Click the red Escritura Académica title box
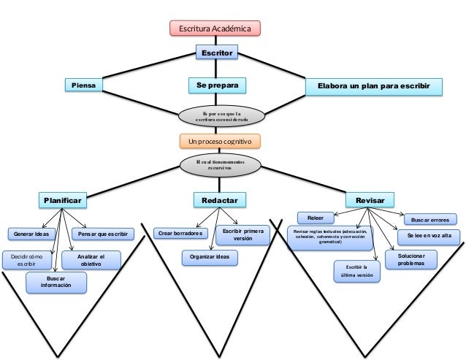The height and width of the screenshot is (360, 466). tap(215, 28)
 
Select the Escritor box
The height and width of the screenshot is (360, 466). tap(218, 53)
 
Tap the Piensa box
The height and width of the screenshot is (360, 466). tap(84, 85)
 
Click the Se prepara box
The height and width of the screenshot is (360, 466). tap(217, 85)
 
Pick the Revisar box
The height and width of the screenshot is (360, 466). tap(370, 199)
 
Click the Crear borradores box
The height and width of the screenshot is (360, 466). tap(180, 234)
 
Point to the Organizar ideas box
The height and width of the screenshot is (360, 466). tap(209, 257)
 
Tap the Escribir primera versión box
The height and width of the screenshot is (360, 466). tap(242, 234)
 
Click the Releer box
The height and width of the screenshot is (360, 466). tap(316, 217)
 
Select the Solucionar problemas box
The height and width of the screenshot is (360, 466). tap(410, 259)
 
